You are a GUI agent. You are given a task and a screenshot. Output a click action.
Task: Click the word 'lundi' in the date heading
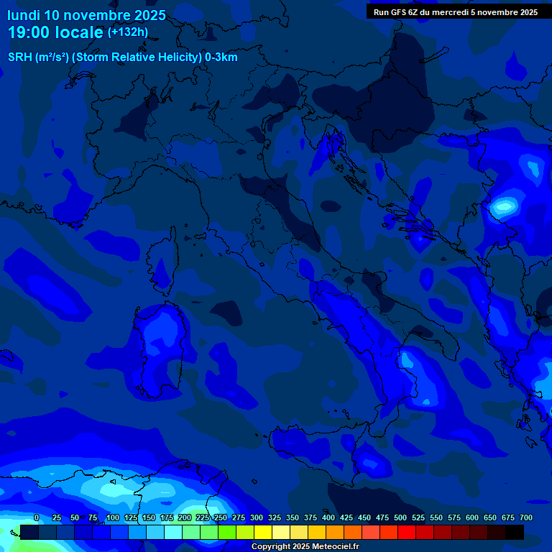[x=24, y=15]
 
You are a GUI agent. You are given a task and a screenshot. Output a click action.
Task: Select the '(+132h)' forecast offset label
[x=128, y=32]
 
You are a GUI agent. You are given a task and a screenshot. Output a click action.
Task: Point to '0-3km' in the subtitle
[x=221, y=57]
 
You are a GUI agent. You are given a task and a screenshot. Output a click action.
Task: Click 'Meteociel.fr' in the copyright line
[x=333, y=547]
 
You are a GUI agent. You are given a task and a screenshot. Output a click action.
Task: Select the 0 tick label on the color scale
[x=37, y=518]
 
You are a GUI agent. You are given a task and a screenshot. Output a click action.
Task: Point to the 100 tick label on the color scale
[x=112, y=518]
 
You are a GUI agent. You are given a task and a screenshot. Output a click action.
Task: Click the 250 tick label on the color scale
[x=220, y=518]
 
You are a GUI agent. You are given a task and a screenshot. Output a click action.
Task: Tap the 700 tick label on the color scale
[x=525, y=518]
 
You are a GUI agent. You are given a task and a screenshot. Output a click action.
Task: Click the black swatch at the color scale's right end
[x=515, y=532]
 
